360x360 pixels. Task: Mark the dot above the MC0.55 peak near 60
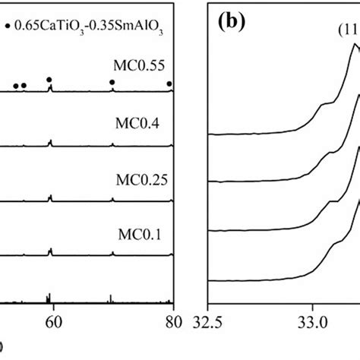pyautogui.click(x=49, y=79)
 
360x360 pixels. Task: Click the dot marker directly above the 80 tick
pyautogui.click(x=169, y=84)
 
